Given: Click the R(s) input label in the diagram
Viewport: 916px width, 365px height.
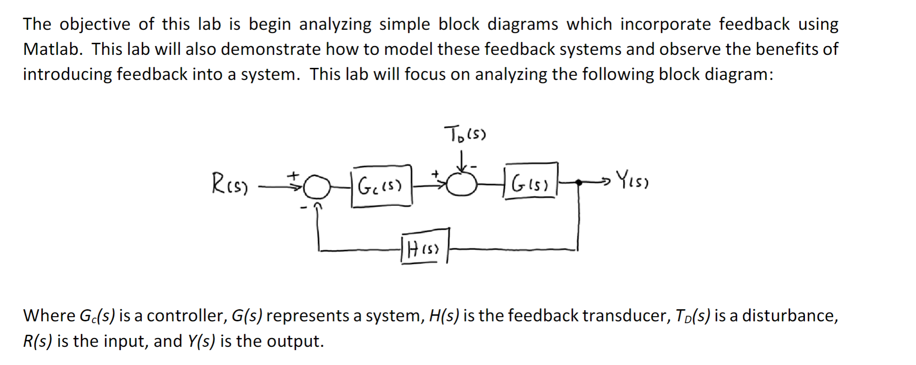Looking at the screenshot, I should [230, 183].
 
